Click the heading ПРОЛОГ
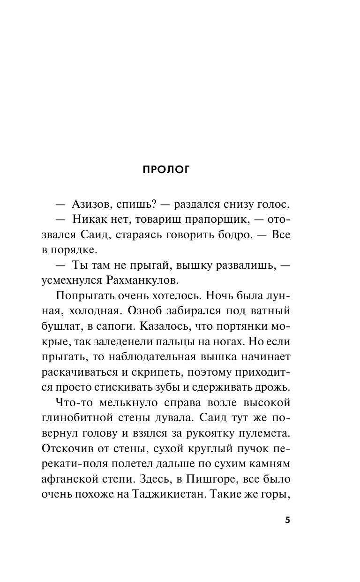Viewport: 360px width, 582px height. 166,170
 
